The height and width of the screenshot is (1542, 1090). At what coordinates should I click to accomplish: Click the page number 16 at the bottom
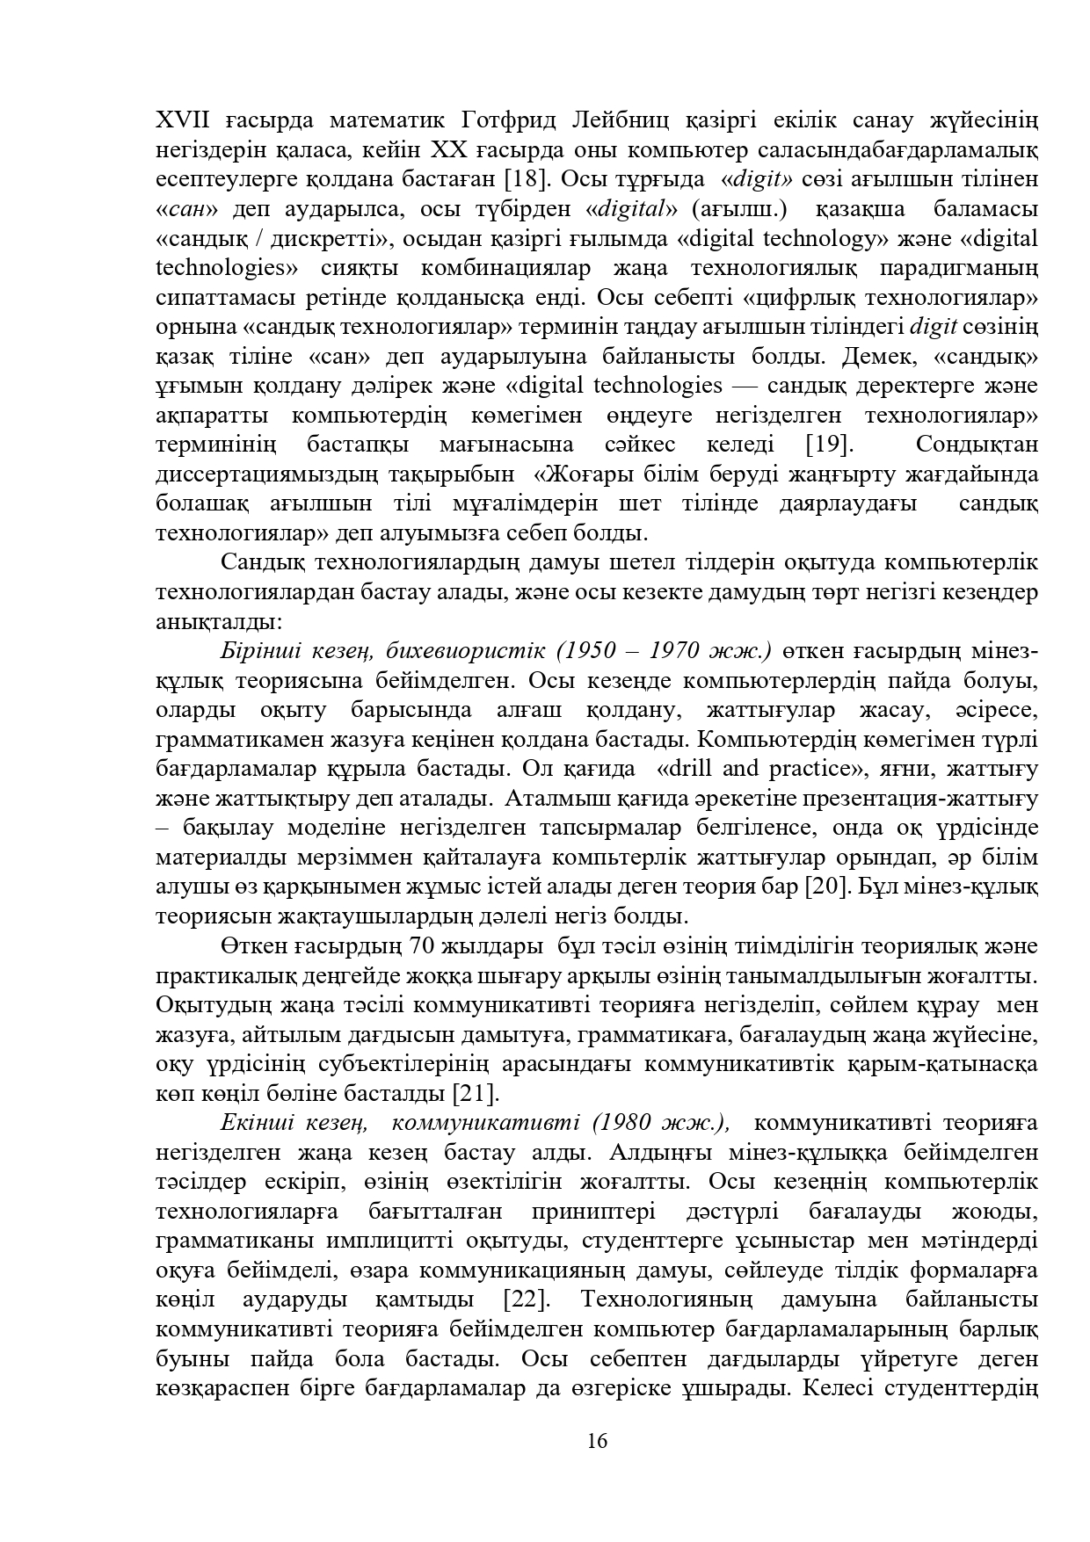point(597,1442)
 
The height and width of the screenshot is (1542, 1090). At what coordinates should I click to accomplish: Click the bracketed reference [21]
point(476,1094)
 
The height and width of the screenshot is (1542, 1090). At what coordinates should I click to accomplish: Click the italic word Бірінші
point(258,651)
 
